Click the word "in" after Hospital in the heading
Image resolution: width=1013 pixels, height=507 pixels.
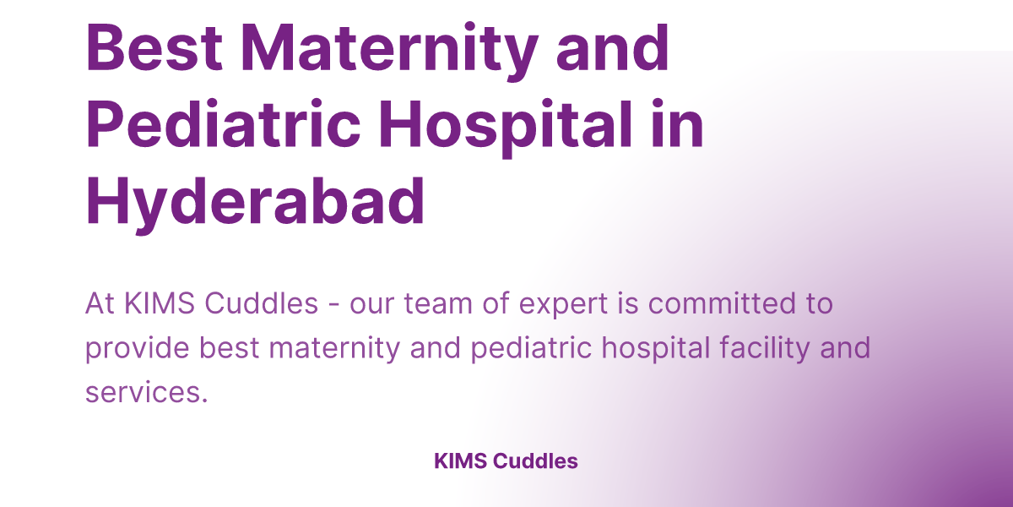point(680,125)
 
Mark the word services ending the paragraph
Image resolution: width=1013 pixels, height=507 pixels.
point(145,392)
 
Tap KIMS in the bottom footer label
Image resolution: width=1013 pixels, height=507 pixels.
point(459,461)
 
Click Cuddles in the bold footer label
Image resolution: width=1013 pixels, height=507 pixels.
point(535,461)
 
